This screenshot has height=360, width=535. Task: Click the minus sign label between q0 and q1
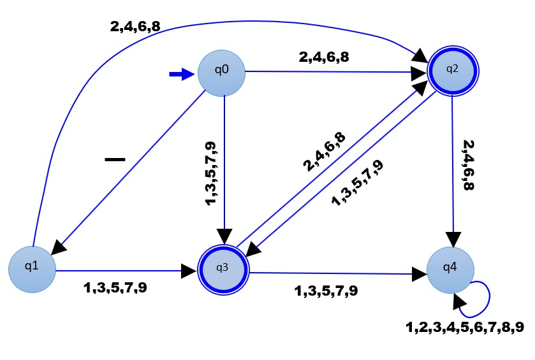click(x=115, y=158)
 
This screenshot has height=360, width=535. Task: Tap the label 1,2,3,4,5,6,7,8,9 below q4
click(x=465, y=328)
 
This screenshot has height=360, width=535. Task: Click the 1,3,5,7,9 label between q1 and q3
click(x=115, y=287)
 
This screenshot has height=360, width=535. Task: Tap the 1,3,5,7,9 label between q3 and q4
click(x=326, y=291)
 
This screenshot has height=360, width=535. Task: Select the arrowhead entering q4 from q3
click(x=419, y=274)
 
